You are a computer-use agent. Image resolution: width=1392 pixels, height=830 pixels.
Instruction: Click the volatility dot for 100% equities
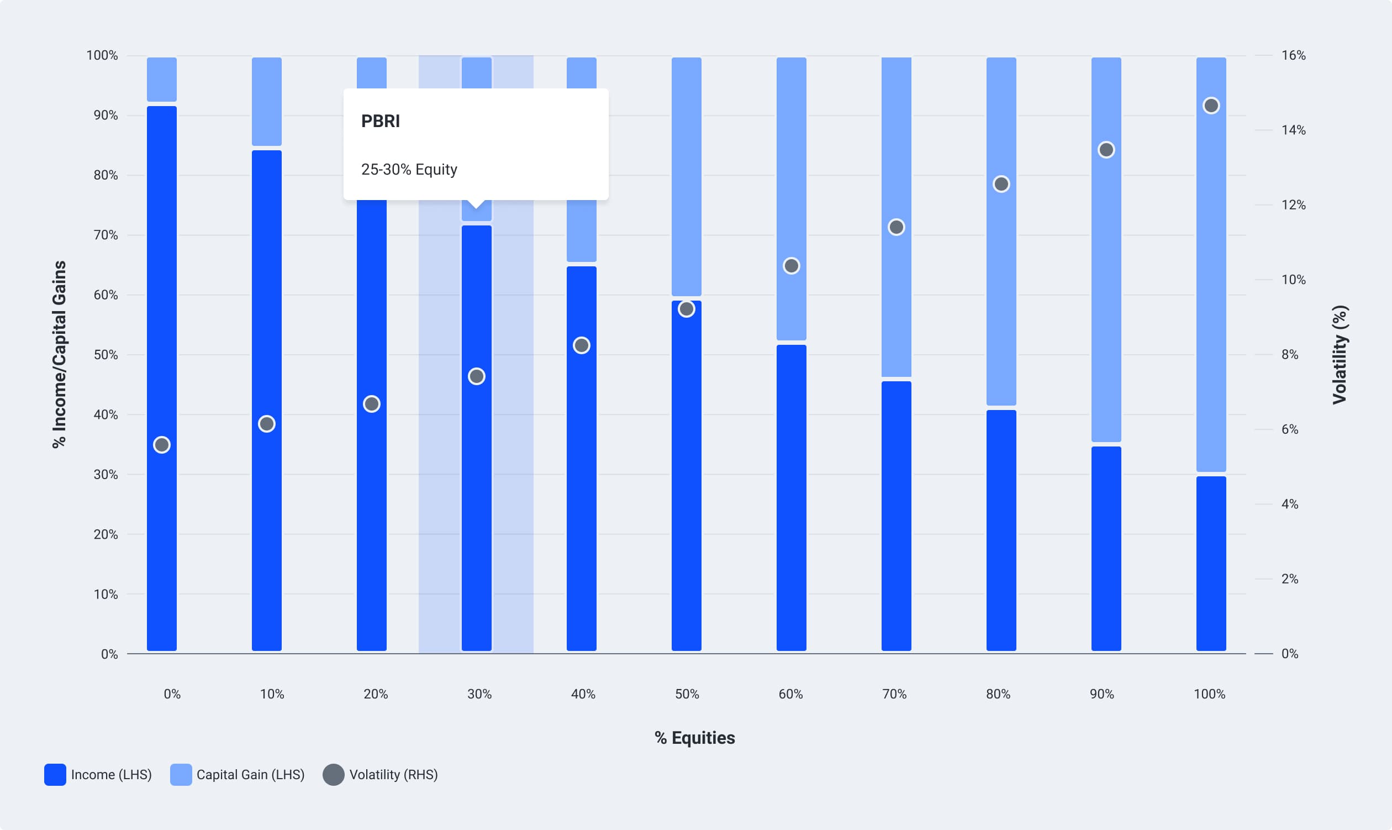click(x=1211, y=106)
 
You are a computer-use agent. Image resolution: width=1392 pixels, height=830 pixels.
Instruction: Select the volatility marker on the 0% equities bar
click(x=161, y=445)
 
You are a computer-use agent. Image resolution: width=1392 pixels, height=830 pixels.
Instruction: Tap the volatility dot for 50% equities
click(x=687, y=309)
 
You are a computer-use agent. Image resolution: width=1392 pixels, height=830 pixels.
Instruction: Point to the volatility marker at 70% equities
click(x=896, y=227)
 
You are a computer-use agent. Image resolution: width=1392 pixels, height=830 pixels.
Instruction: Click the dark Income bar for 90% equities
click(x=1106, y=548)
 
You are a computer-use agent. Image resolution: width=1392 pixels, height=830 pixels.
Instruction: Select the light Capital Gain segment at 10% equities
click(x=267, y=101)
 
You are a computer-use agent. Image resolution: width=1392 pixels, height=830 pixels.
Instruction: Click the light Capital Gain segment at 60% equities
click(x=791, y=198)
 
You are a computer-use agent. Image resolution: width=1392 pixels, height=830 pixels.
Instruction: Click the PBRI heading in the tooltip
click(x=381, y=121)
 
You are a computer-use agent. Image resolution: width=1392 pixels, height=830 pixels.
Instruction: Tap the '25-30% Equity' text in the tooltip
click(x=409, y=170)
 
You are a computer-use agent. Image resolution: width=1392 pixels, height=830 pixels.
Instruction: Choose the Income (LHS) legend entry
click(x=98, y=775)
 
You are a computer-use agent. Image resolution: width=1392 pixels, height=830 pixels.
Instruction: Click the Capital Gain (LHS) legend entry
click(x=238, y=775)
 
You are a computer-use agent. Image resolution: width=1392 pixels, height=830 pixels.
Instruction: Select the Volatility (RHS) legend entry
click(x=380, y=775)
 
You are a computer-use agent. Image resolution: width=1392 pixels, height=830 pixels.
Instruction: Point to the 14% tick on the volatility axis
click(x=1293, y=130)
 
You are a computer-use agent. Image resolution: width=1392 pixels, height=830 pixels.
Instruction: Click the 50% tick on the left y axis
click(x=106, y=355)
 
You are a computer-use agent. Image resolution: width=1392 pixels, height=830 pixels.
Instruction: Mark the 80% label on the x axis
click(x=998, y=694)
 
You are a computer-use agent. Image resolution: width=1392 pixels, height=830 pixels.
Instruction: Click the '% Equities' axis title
click(x=695, y=738)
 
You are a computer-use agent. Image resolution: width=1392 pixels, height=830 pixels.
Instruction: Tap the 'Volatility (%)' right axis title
click(x=1340, y=355)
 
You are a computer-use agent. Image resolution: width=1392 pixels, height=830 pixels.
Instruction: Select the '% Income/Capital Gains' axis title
click(x=59, y=355)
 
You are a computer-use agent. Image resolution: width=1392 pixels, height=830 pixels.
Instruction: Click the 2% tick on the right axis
click(x=1290, y=579)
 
